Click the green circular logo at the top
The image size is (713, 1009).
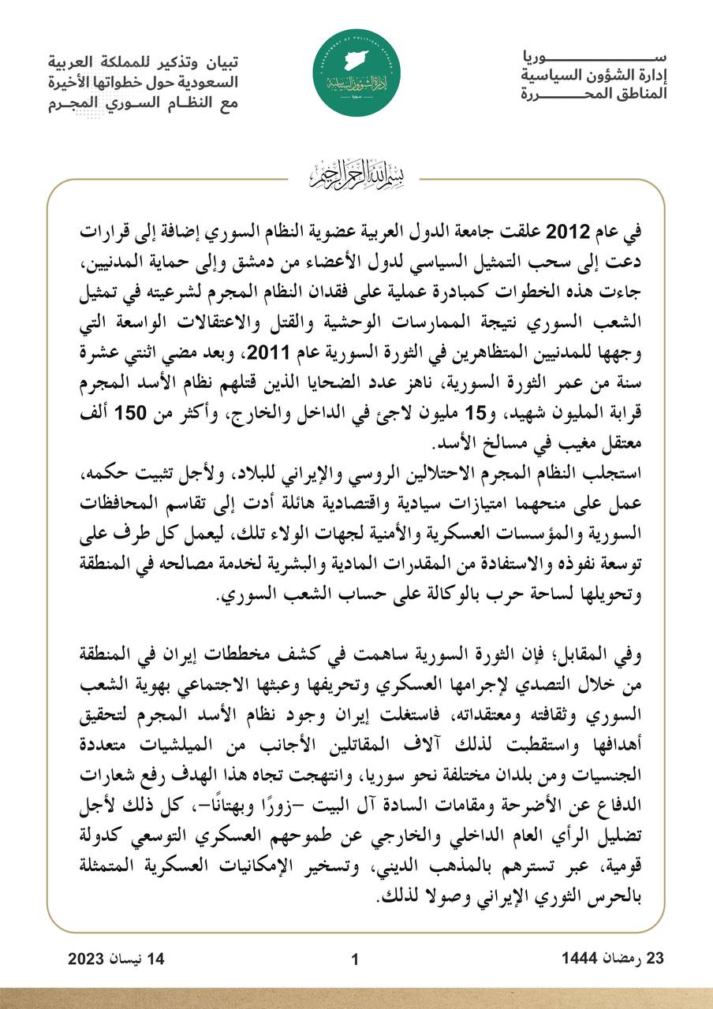356,76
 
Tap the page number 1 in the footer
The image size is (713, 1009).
355,959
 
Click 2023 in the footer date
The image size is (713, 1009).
90,959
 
